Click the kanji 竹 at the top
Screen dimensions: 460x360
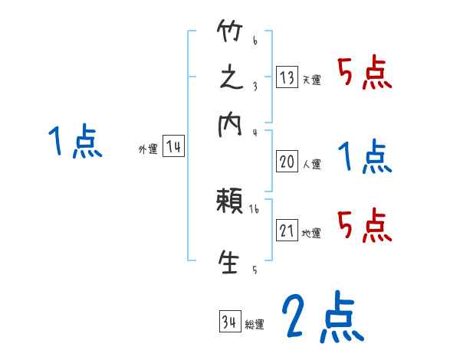pyautogui.click(x=230, y=32)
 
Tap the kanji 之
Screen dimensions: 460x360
pyautogui.click(x=230, y=80)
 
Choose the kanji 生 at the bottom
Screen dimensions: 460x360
pyautogui.click(x=230, y=261)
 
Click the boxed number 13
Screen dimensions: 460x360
pyautogui.click(x=287, y=77)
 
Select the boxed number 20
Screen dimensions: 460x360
pyautogui.click(x=287, y=162)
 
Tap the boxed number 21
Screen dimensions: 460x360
pyautogui.click(x=287, y=231)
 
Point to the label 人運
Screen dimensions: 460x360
pyautogui.click(x=311, y=164)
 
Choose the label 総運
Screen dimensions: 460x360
pyautogui.click(x=255, y=325)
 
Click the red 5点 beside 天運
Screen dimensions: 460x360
pyautogui.click(x=365, y=74)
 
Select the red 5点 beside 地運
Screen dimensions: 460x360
pyautogui.click(x=365, y=224)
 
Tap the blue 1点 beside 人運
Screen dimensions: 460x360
pyautogui.click(x=365, y=158)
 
